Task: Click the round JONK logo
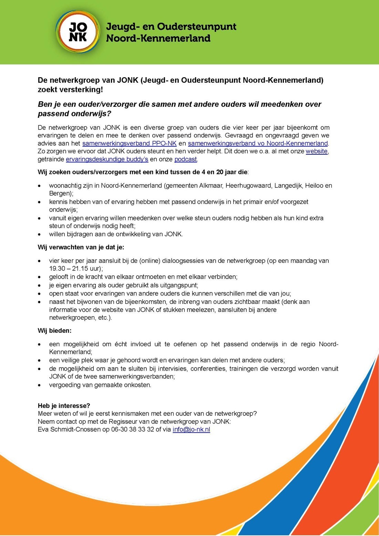click(x=78, y=32)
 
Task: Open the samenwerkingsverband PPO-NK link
click(x=129, y=143)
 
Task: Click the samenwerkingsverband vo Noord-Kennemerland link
click(x=258, y=143)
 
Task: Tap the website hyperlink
click(x=316, y=151)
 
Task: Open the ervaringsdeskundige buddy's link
click(x=107, y=159)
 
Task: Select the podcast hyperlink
click(x=186, y=159)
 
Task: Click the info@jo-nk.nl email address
click(x=191, y=430)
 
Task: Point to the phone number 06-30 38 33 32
click(x=133, y=430)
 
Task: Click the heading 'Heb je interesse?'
click(x=64, y=405)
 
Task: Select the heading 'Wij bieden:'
click(x=54, y=331)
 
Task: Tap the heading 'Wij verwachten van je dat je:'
click(x=81, y=247)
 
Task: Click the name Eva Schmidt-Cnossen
click(x=69, y=430)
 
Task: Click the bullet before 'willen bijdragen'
click(x=41, y=235)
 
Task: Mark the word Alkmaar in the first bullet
click(x=211, y=186)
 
